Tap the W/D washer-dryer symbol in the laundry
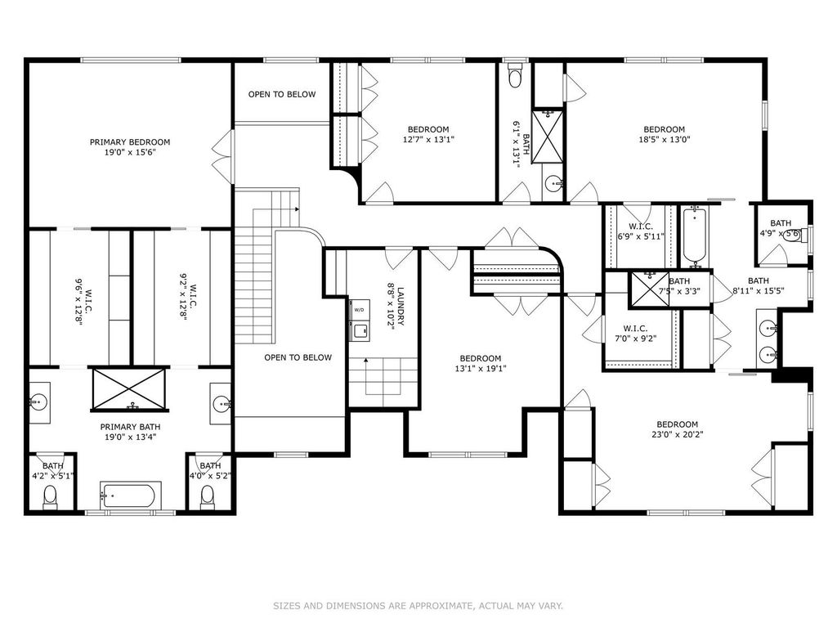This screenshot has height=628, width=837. point(359,310)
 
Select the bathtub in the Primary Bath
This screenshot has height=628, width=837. point(129,496)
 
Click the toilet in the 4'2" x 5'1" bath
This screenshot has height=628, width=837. point(50,496)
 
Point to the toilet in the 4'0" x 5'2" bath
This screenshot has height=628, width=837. point(207,496)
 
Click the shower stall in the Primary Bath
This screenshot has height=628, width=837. point(129,388)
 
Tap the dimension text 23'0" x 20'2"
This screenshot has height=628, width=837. point(678,434)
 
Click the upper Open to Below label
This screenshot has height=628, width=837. point(282,95)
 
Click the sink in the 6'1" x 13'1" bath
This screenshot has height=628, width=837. point(554,184)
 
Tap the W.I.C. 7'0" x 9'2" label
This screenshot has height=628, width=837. point(635,334)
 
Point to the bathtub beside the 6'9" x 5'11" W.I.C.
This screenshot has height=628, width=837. point(695,236)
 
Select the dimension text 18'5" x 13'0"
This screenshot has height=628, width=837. point(664,139)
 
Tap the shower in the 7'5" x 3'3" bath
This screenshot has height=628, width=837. point(649,289)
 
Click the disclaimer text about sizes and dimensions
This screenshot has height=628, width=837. point(418,606)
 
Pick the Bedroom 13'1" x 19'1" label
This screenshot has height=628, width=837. point(481,363)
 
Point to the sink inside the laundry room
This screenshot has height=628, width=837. point(360,330)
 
